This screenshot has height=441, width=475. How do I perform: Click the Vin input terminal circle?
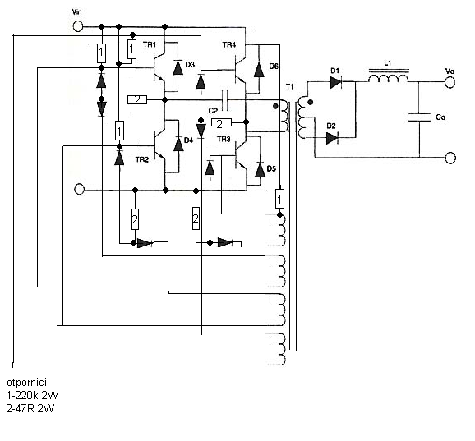click(x=78, y=26)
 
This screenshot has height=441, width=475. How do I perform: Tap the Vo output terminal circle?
click(x=450, y=82)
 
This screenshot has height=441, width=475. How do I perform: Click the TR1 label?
click(x=150, y=45)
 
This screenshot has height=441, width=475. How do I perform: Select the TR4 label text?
click(x=229, y=45)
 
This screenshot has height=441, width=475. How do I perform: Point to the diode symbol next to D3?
click(x=178, y=68)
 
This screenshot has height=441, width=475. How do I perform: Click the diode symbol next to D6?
click(x=259, y=70)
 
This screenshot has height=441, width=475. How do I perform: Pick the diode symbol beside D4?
click(x=178, y=145)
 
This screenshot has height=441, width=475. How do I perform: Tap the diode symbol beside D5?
click(x=260, y=170)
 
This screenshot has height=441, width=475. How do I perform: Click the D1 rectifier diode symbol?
click(x=335, y=82)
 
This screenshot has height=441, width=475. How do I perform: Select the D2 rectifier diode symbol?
click(x=332, y=138)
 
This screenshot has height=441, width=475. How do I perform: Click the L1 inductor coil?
click(x=389, y=76)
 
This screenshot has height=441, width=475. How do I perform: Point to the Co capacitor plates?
click(x=420, y=117)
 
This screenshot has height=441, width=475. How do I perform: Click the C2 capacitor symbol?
click(x=225, y=100)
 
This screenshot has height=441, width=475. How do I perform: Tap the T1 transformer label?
click(x=290, y=87)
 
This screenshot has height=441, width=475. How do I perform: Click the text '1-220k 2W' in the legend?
click(x=32, y=395)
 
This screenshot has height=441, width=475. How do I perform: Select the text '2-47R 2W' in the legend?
click(x=30, y=408)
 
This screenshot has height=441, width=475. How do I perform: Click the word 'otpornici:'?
click(x=28, y=383)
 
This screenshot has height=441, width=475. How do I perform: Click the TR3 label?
click(x=224, y=140)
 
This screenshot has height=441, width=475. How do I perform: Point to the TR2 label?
click(x=142, y=159)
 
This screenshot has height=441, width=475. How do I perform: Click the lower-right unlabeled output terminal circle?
click(x=450, y=158)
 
